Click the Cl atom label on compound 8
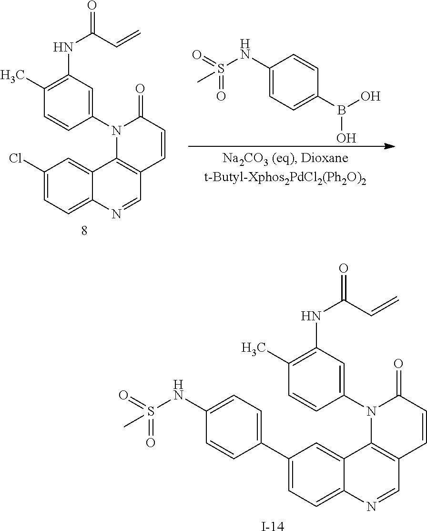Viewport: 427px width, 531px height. [x=16, y=158]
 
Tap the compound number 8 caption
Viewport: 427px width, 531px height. [x=84, y=231]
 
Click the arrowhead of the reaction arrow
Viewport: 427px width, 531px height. [x=390, y=146]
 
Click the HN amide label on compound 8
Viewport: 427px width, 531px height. [x=63, y=47]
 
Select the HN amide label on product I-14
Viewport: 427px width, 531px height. [x=310, y=317]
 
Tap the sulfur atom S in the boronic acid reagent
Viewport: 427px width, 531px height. [x=221, y=70]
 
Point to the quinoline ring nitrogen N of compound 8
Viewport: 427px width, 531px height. [x=116, y=214]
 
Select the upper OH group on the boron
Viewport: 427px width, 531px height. [x=371, y=97]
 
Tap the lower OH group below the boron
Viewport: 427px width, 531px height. [x=346, y=138]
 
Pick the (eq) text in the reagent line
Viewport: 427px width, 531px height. [x=284, y=158]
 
